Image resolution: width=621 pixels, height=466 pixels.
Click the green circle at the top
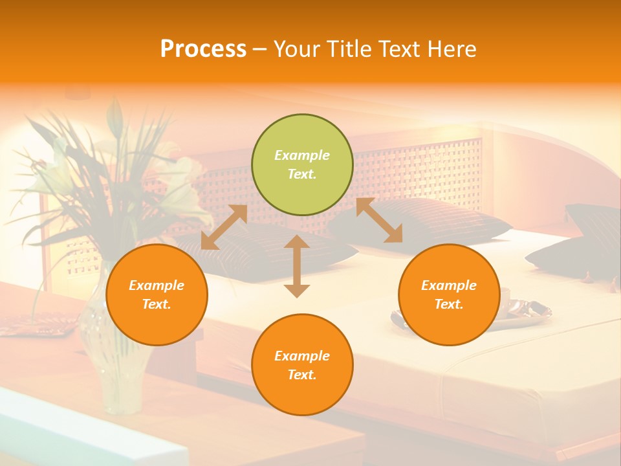click(302, 165)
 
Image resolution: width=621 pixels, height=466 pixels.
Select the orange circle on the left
click(157, 295)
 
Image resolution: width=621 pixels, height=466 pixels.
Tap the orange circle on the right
click(449, 295)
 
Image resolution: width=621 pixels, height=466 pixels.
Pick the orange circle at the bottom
click(302, 365)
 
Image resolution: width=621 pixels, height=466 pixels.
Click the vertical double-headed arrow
click(297, 266)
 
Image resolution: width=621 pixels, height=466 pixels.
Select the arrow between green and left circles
click(224, 227)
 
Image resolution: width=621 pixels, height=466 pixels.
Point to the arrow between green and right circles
click(379, 220)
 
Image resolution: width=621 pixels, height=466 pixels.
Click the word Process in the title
click(203, 49)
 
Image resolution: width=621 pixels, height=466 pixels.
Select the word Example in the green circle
click(302, 155)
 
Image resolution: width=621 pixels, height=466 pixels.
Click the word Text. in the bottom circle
click(302, 375)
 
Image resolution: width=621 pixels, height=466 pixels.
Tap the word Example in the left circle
click(157, 285)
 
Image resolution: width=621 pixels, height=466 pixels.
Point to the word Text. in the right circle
click(449, 304)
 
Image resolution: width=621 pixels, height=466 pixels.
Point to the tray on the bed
click(524, 311)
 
